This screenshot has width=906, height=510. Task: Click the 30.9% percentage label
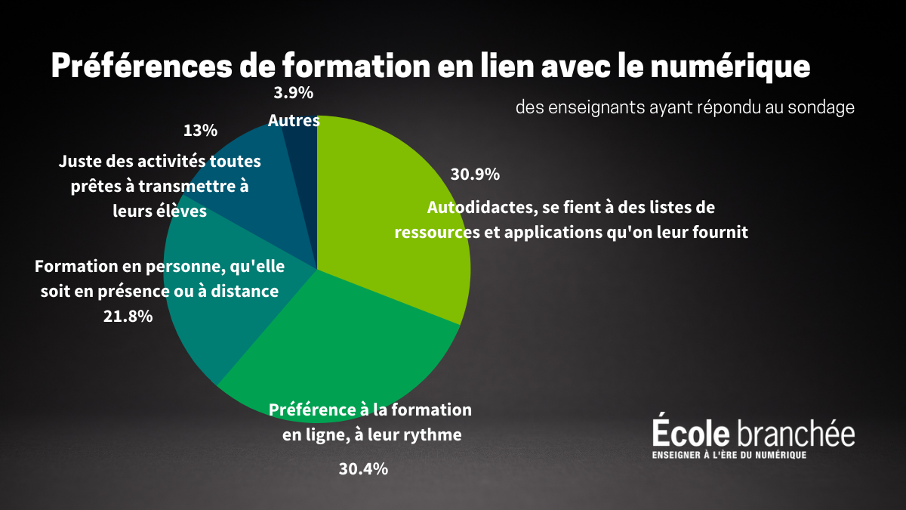pos(475,175)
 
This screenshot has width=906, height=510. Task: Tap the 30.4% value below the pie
pos(363,469)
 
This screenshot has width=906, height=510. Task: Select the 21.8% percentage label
pos(128,317)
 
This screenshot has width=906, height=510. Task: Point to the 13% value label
pos(200,131)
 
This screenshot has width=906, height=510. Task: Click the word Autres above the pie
pos(294,121)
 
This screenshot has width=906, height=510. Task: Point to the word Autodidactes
pos(479,207)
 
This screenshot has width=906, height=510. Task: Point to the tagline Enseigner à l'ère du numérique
pos(729,454)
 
